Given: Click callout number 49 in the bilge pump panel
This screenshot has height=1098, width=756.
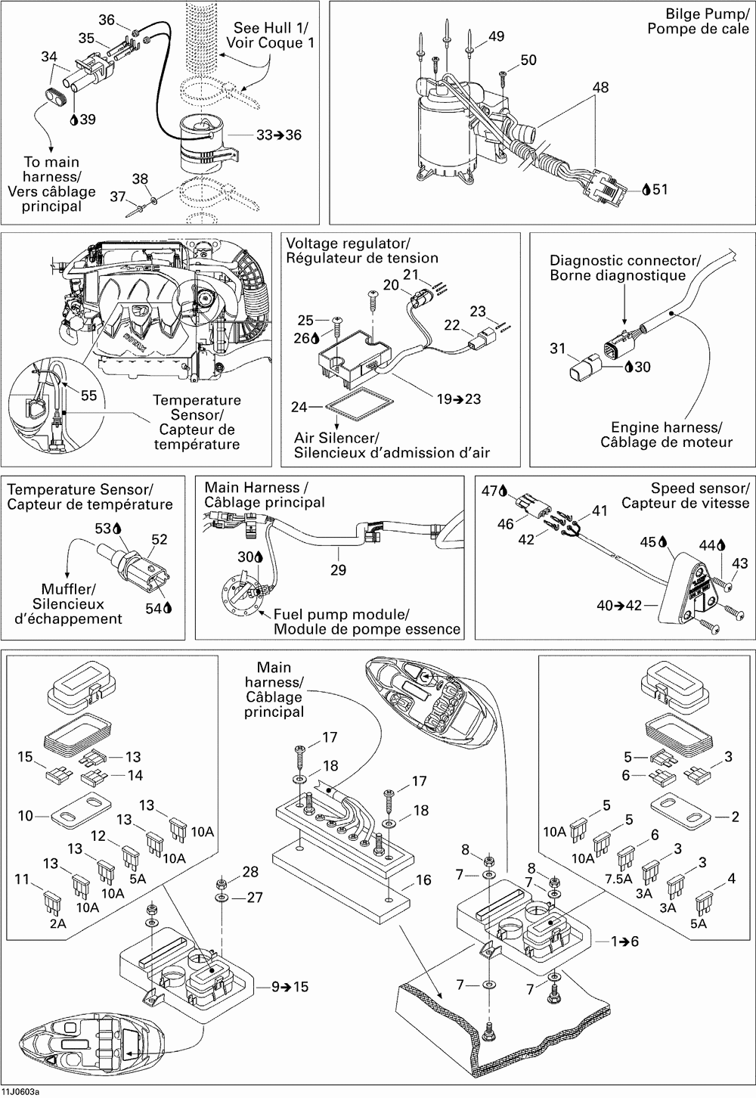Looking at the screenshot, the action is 497,37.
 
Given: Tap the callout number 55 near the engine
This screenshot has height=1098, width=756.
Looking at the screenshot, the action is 88,395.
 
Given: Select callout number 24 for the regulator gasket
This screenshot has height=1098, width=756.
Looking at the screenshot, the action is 299,408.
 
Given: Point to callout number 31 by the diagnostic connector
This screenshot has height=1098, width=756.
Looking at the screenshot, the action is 558,349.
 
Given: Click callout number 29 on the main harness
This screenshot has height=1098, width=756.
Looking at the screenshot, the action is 338,569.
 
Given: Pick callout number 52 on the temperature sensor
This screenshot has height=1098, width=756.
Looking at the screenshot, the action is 160,540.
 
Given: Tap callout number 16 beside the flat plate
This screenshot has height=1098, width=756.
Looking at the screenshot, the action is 423,880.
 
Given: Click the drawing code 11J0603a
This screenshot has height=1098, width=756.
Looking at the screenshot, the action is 20,1093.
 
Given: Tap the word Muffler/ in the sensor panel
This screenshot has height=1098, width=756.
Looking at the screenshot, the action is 69,589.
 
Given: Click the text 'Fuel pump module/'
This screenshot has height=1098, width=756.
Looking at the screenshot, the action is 341,614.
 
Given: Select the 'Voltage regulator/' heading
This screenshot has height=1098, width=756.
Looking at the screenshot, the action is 348,243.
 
